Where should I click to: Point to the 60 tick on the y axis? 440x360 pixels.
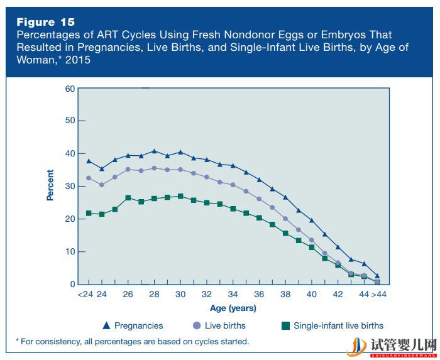69,88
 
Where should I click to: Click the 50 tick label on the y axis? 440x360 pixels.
69,121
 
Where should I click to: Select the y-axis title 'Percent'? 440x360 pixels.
50,185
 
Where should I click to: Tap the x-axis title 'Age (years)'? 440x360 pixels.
233,308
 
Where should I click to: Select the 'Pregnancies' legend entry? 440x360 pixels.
133,325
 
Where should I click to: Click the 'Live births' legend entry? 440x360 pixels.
219,325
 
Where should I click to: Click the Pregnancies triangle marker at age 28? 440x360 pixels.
154,151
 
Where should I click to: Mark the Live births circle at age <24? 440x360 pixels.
89,178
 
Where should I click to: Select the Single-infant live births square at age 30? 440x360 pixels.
180,196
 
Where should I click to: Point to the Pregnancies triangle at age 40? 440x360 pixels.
312,220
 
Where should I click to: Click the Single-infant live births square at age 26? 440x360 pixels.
128,198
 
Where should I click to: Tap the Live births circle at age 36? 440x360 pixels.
259,199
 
